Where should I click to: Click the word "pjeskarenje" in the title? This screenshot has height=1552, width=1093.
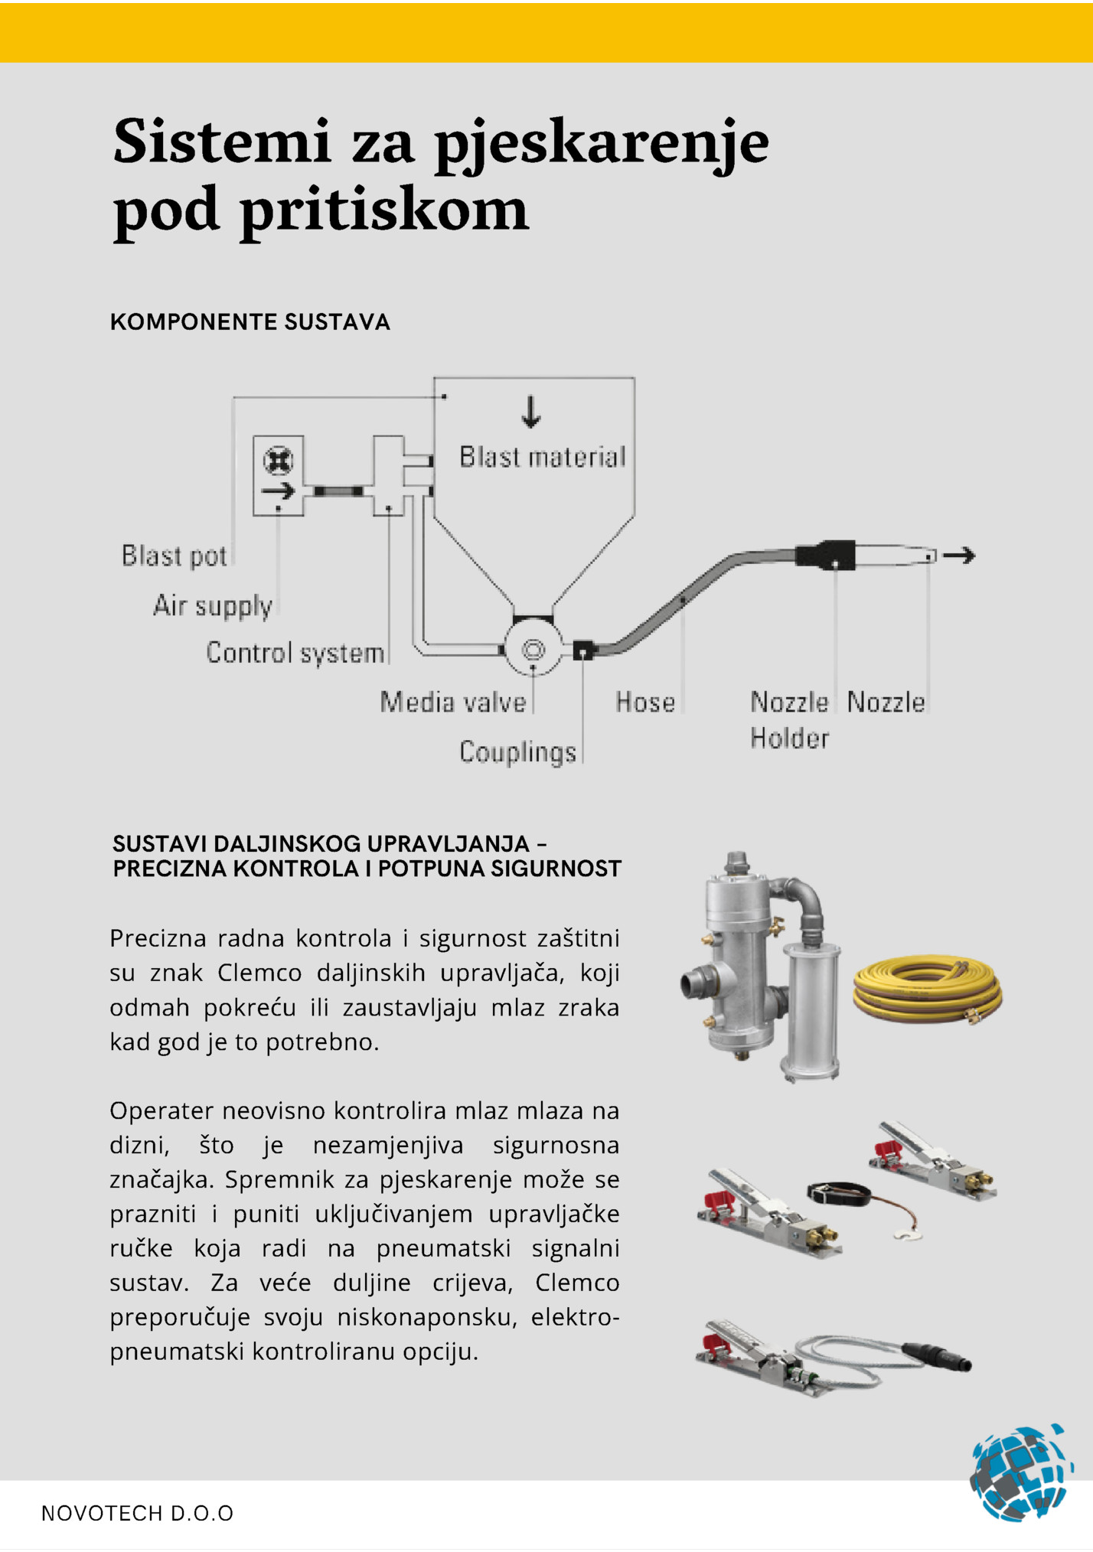(602, 144)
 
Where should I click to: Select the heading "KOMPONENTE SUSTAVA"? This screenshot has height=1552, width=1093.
(250, 322)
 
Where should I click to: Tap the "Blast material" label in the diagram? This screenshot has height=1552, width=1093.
(542, 458)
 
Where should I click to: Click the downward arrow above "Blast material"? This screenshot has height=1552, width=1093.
(531, 412)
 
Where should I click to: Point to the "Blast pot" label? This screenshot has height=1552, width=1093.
(175, 556)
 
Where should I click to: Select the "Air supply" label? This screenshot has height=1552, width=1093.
(213, 606)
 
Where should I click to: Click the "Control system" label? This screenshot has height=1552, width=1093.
(295, 654)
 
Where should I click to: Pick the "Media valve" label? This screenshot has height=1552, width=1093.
(453, 703)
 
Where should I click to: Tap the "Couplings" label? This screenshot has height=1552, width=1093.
(517, 752)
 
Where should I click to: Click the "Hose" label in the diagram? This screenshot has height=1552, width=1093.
(645, 703)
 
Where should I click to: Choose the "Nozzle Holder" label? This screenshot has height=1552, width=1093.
(789, 720)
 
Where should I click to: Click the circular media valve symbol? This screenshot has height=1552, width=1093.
(533, 650)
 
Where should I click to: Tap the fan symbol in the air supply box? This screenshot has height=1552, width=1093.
(278, 461)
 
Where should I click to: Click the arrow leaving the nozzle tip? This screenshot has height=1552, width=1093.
(959, 556)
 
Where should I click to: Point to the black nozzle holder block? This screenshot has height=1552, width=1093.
(825, 554)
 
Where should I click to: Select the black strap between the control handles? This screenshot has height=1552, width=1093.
(839, 1192)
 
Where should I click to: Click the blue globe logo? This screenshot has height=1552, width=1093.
(1020, 1472)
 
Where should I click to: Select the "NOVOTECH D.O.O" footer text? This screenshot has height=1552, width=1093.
(137, 1513)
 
